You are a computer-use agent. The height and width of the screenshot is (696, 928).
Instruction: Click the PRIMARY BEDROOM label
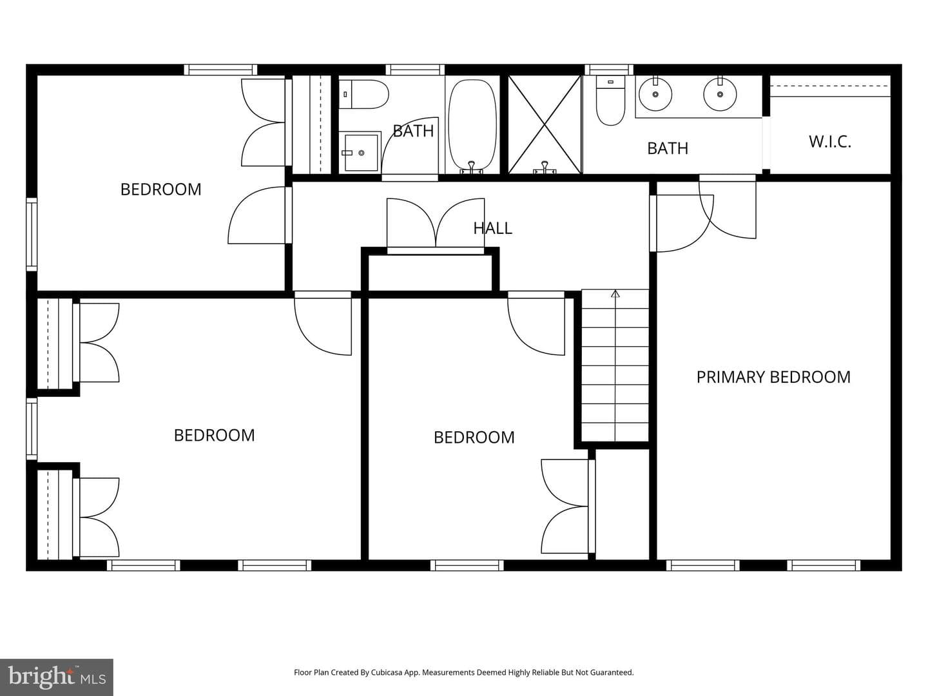click(x=773, y=377)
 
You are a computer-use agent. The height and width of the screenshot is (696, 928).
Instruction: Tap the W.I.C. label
click(x=830, y=142)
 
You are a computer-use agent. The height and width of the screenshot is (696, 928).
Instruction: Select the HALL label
click(x=492, y=228)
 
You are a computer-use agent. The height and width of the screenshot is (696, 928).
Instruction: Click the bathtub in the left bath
click(x=472, y=126)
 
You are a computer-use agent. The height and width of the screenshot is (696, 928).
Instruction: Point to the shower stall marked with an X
click(x=545, y=124)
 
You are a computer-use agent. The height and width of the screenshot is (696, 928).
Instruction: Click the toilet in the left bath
click(x=363, y=94)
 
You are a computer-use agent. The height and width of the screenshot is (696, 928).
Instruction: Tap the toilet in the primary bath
click(x=610, y=101)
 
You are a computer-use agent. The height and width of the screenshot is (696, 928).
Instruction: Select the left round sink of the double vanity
click(x=655, y=94)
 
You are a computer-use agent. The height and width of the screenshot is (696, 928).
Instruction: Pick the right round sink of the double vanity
click(x=720, y=94)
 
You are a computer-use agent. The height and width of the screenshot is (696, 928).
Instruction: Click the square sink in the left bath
click(x=360, y=153)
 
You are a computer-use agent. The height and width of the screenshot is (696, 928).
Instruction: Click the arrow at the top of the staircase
click(x=615, y=293)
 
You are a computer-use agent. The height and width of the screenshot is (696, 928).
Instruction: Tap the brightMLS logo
click(x=57, y=677)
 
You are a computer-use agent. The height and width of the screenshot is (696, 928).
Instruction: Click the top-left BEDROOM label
click(x=160, y=189)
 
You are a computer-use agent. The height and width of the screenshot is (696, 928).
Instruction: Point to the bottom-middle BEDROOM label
click(x=474, y=438)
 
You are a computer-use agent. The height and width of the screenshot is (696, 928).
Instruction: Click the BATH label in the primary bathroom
click(x=668, y=148)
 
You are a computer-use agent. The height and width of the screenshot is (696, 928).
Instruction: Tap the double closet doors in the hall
click(x=436, y=226)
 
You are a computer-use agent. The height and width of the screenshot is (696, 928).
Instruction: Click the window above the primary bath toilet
click(x=609, y=70)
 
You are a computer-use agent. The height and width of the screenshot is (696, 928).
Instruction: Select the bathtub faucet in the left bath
click(x=471, y=168)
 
